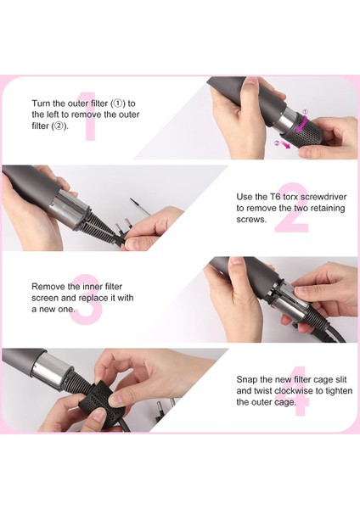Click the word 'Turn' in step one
pos(42,103)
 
